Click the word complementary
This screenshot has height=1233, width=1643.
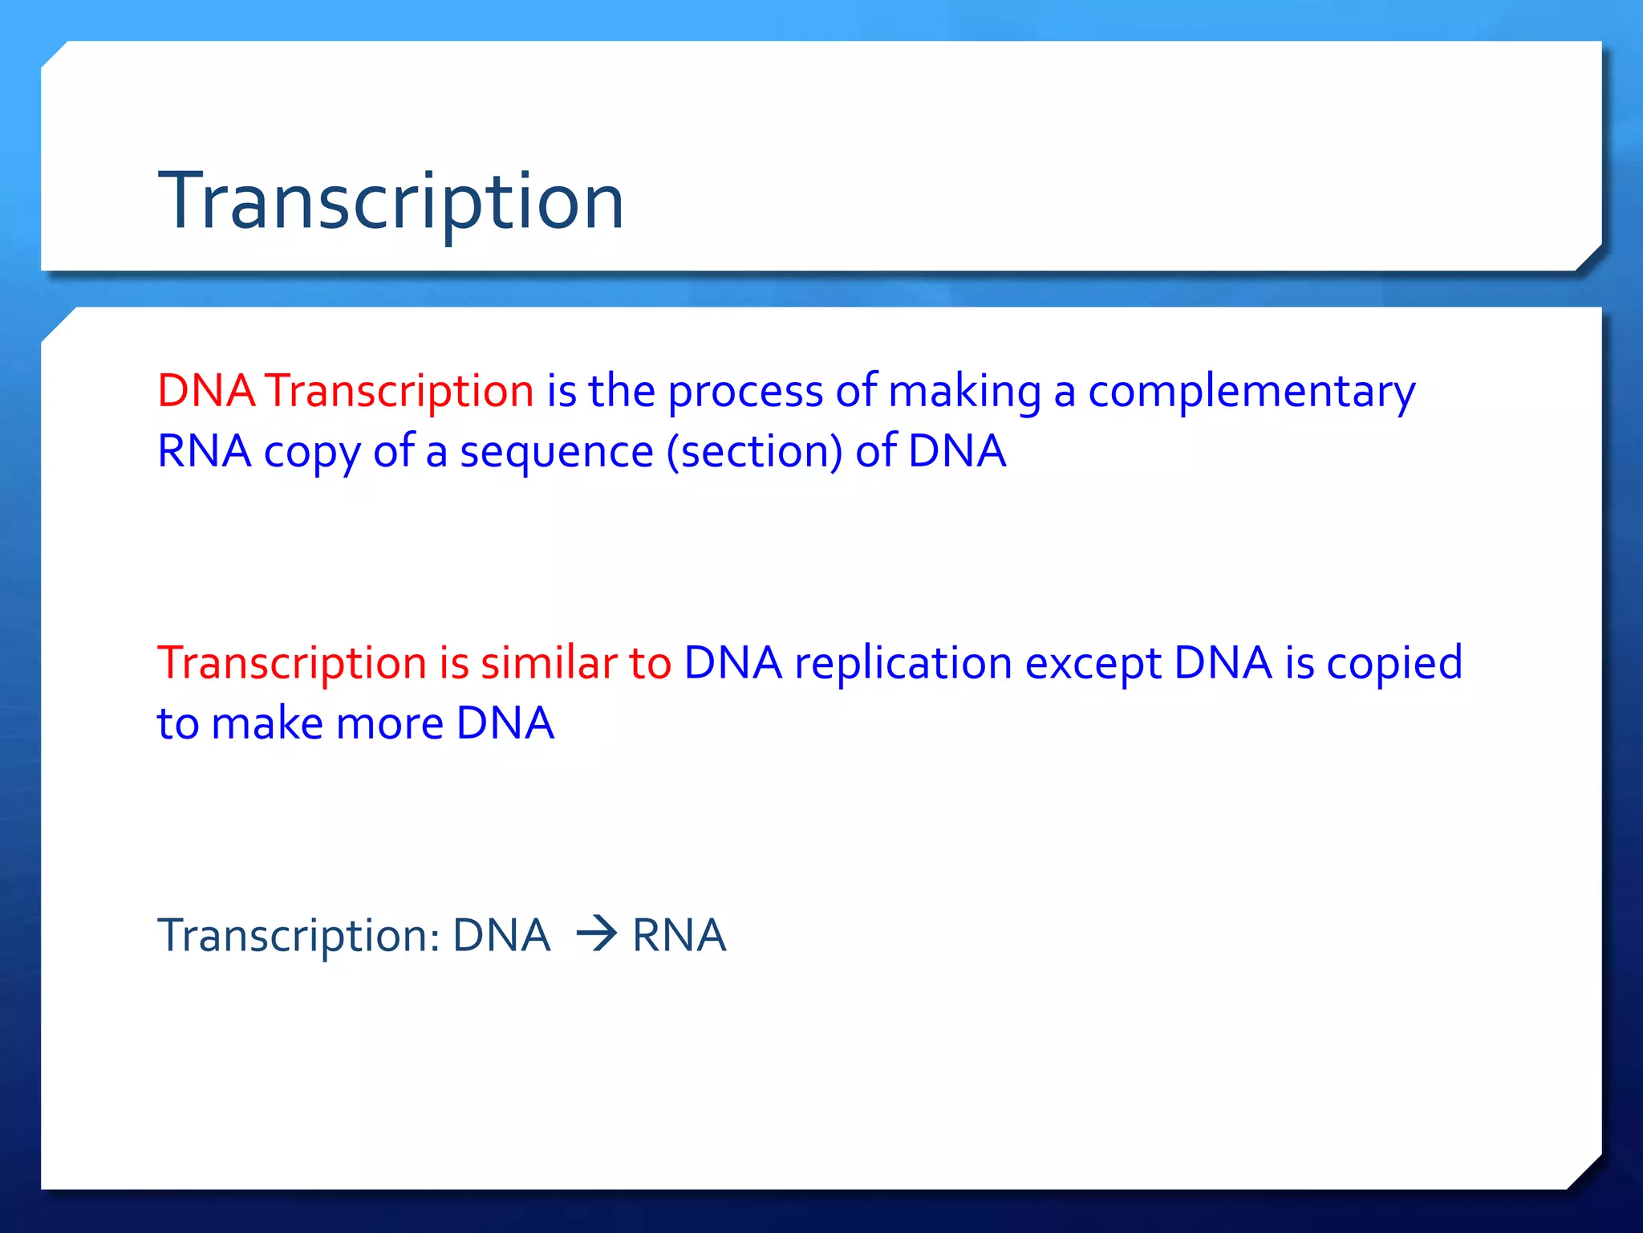pos(1252,392)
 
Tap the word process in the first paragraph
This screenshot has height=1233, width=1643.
pos(745,392)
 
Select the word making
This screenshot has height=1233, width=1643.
pos(964,392)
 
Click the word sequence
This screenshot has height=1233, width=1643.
pos(556,451)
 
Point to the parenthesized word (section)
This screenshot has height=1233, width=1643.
pos(754,451)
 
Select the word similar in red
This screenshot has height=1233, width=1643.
pos(549,663)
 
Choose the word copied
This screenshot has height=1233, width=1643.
pos(1394,663)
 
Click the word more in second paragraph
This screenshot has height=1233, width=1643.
pos(390,724)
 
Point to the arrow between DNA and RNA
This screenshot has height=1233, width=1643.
pos(596,934)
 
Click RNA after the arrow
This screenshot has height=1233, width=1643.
pos(679,935)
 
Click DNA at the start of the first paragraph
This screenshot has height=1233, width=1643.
pos(206,392)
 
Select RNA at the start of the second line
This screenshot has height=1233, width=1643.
pos(205,451)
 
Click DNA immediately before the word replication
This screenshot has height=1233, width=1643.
pos(732,663)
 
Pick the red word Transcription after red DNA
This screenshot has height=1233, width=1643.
pos(400,392)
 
